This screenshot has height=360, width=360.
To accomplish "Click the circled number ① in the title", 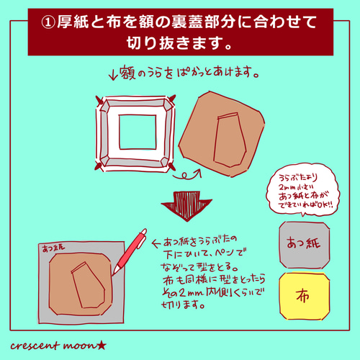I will pos(51,22).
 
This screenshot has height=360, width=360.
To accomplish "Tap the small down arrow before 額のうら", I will pos(112,73).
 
